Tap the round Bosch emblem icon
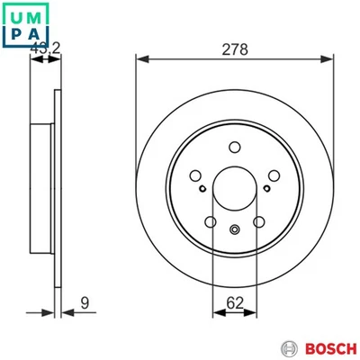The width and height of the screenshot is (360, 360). tap(291, 348)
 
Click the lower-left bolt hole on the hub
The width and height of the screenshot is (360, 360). tap(211, 220)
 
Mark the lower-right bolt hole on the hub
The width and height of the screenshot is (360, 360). tap(258, 220)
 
